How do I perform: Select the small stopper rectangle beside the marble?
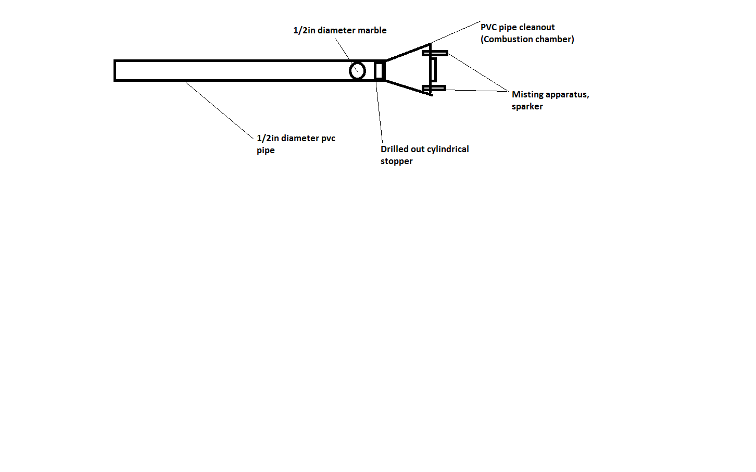pos(379,70)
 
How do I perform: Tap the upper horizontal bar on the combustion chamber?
pos(435,53)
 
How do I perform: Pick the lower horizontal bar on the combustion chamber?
pos(434,88)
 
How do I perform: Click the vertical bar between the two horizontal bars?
pos(433,70)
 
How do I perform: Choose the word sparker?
pos(527,107)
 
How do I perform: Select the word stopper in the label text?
pos(397,162)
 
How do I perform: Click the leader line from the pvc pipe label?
pos(219,110)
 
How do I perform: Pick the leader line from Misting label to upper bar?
pos(478,72)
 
